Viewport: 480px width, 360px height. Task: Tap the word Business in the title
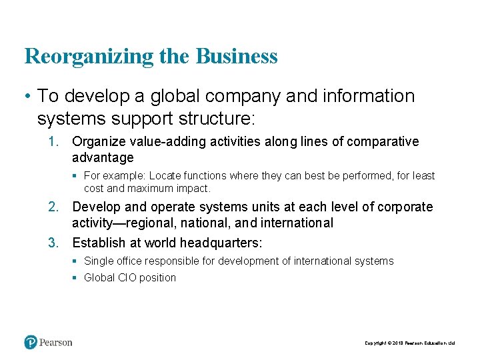[237, 56]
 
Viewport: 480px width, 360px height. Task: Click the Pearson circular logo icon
[31, 343]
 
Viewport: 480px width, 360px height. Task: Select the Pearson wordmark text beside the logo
[56, 343]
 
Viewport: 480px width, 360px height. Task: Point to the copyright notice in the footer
[409, 343]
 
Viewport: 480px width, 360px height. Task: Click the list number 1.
[53, 141]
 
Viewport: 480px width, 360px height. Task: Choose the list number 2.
[53, 207]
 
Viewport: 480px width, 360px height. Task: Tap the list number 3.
[53, 242]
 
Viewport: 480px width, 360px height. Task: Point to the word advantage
[103, 158]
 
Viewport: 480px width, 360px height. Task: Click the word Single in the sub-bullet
[99, 261]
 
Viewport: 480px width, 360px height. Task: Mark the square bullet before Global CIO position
[76, 277]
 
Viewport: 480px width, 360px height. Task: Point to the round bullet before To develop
[27, 96]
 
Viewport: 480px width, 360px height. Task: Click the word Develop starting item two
[95, 207]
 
